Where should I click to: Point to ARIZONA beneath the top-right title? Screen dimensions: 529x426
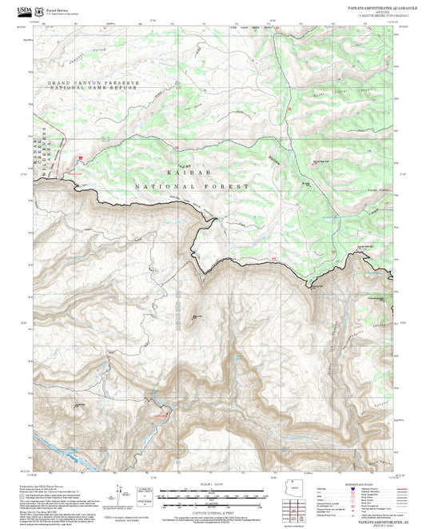pos(360,12)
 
